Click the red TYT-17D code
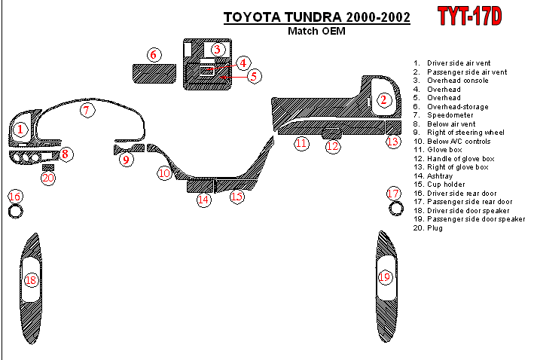pyautogui.click(x=471, y=16)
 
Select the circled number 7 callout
pyautogui.click(x=87, y=111)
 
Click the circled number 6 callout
pyautogui.click(x=153, y=54)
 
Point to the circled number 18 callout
pyautogui.click(x=31, y=280)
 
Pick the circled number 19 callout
pyautogui.click(x=385, y=277)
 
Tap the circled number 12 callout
pyautogui.click(x=333, y=146)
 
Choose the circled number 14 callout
pyautogui.click(x=203, y=200)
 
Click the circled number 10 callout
pyautogui.click(x=165, y=173)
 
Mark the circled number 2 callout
pyautogui.click(x=383, y=99)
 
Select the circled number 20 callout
pyautogui.click(x=48, y=178)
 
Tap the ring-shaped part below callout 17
pyautogui.click(x=393, y=209)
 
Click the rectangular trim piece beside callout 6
pyautogui.click(x=154, y=74)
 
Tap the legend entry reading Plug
pyautogui.click(x=433, y=227)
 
